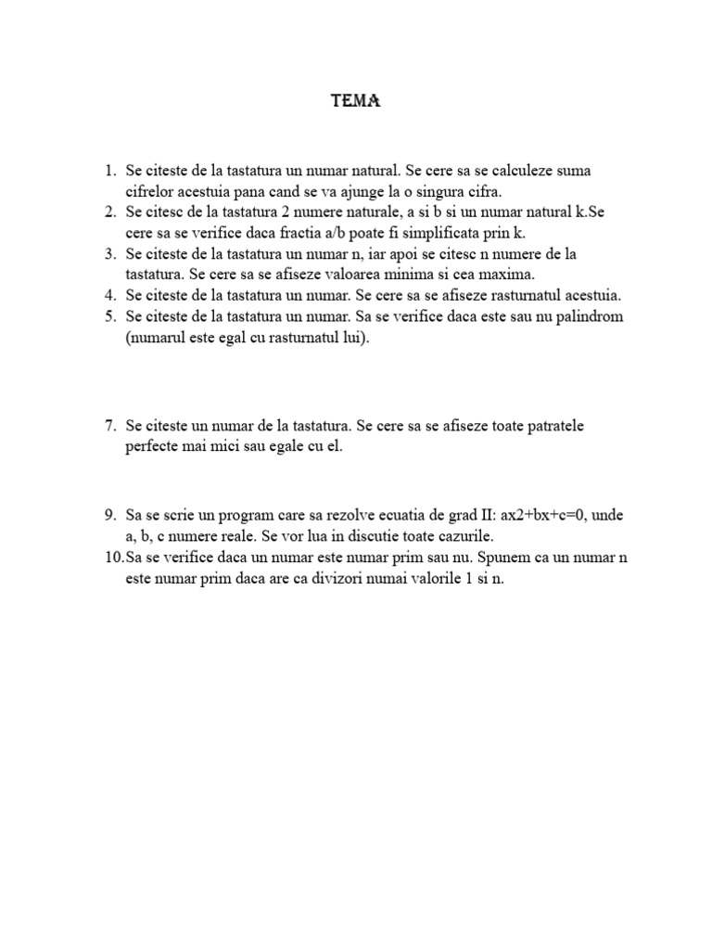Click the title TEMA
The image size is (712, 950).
tap(356, 102)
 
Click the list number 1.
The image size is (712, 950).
tap(109, 172)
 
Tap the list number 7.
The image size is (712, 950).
tap(109, 426)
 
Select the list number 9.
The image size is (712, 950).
tap(109, 515)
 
